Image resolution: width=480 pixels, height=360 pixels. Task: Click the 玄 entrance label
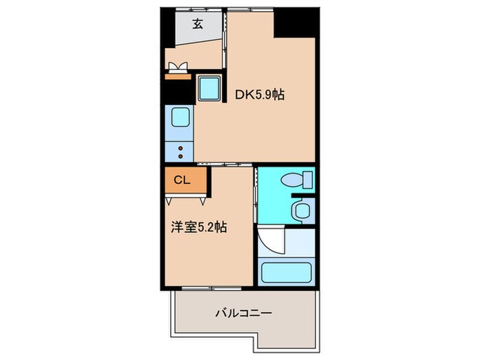point(197,24)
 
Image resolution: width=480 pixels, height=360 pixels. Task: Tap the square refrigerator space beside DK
point(208,88)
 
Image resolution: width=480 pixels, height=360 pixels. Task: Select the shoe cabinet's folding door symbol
point(180,66)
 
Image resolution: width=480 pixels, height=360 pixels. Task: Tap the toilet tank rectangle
point(307,182)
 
